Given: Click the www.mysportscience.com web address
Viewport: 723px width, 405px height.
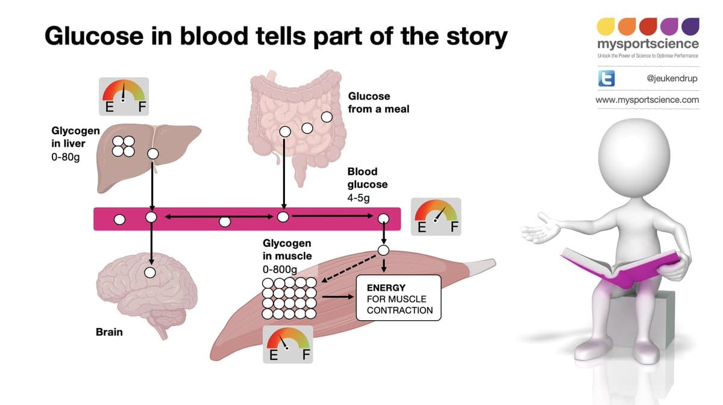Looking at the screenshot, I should point(647,100).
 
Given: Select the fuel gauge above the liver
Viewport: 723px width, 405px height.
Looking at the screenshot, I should point(124,95).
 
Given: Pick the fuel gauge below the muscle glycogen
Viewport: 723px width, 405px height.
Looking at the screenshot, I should point(288,345).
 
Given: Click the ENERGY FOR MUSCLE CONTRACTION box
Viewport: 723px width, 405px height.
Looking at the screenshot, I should point(399,299).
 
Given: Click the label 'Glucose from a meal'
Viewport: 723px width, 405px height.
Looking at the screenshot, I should point(378,102).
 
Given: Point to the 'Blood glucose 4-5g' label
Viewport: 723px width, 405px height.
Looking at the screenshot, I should point(367,184).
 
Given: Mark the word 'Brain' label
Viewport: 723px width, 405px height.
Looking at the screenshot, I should point(109,332).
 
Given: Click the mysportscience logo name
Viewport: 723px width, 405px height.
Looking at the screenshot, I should point(648,44).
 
